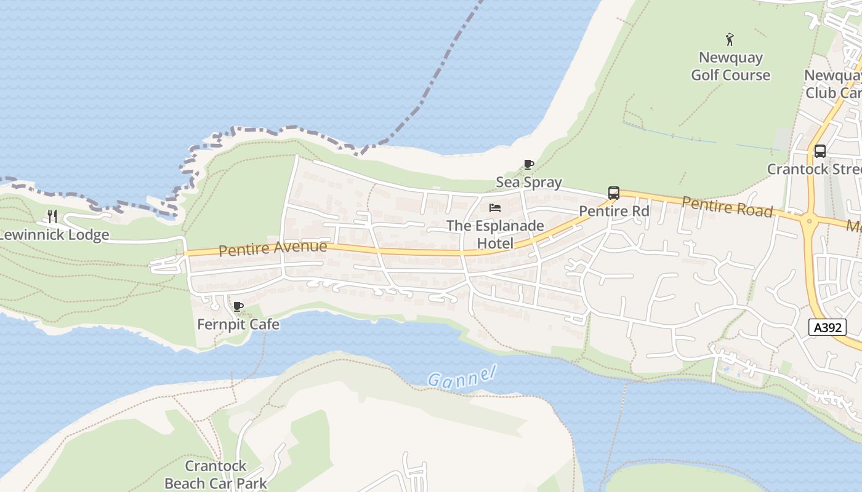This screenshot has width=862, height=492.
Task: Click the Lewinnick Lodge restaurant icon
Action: [x=52, y=216]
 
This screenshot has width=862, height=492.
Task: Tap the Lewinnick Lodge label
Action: [x=54, y=235]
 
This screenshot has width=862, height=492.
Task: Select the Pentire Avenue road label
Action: [x=273, y=248]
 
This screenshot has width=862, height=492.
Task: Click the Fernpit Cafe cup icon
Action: [x=238, y=306]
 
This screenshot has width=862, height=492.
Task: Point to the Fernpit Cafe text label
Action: [x=238, y=324]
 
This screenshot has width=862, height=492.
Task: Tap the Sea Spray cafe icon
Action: [x=528, y=164]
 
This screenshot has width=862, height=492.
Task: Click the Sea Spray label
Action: [x=529, y=182]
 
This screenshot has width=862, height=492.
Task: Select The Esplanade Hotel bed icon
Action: [x=495, y=208]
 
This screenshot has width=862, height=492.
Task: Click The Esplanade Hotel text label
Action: [x=495, y=234]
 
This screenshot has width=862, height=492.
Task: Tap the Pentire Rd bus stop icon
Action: [x=613, y=192]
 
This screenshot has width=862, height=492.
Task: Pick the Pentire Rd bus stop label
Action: [x=614, y=211]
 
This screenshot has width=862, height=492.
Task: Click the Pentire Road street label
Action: [x=727, y=207]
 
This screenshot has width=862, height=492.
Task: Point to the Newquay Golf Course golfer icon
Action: [x=730, y=39]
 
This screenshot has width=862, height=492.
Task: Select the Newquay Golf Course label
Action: [x=730, y=66]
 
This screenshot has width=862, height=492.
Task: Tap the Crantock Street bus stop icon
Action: [x=820, y=151]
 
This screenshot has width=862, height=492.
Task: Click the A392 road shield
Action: [x=828, y=327]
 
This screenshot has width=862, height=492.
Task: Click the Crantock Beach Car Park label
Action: [x=216, y=474]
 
